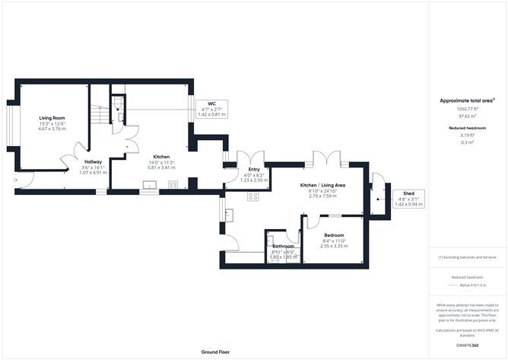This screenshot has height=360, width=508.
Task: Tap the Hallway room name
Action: [93, 161]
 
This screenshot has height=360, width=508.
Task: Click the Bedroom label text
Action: [334, 235]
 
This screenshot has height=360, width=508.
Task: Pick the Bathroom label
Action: [284, 247]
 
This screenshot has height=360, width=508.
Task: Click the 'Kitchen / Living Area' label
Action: [322, 186]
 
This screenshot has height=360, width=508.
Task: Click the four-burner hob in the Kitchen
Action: [173, 184]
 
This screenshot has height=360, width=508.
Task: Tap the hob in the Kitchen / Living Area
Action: [253, 196]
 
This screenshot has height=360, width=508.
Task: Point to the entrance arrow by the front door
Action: [17, 180]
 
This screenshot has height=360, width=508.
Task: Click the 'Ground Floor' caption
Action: [215, 352]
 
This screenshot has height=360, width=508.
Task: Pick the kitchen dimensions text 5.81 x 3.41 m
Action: [161, 167]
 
